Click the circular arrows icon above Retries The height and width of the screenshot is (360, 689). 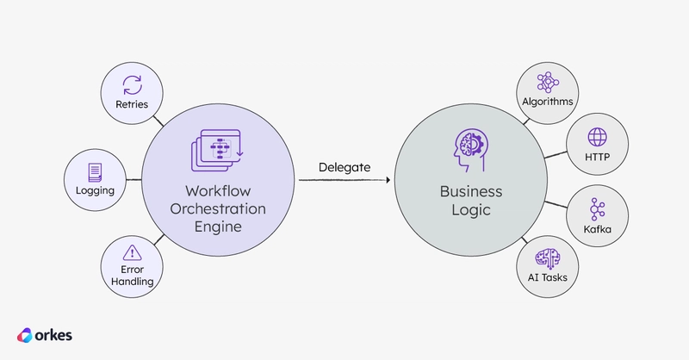point(133,85)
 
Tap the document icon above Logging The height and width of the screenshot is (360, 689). point(95,172)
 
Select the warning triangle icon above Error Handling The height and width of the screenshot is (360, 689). point(133,252)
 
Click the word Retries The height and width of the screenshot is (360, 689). point(132,104)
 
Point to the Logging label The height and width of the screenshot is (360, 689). point(95,191)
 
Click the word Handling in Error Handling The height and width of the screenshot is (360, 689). point(133,282)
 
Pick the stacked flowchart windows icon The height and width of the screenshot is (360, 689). point(218,150)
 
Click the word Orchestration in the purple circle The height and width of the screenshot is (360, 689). point(218,208)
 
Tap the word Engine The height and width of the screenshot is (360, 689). point(218,227)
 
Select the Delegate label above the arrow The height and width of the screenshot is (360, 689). point(344,167)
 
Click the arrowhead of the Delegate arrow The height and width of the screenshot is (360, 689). point(388,180)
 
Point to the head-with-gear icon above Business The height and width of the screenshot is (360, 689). point(470,150)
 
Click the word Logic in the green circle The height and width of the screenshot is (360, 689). point(471,210)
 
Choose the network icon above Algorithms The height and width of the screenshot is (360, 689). point(548,83)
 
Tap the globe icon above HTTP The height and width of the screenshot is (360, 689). point(597,137)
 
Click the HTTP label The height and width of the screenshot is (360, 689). point(597,157)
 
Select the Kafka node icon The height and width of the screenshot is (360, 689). point(597,209)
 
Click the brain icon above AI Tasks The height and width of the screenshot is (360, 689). point(548,258)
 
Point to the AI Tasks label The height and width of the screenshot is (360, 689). point(548,277)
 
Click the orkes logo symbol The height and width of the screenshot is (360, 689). point(25,335)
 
